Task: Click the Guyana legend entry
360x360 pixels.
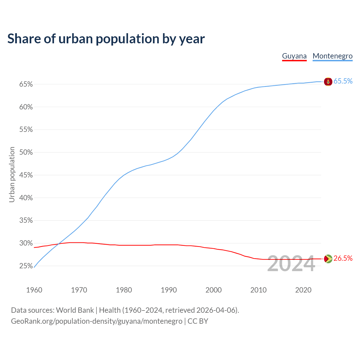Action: [x=294, y=56]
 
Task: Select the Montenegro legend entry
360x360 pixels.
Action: [x=332, y=56]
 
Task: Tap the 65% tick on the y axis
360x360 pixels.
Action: [x=26, y=84]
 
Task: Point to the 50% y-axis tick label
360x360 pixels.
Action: [x=26, y=152]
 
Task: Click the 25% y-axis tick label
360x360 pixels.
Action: [x=26, y=266]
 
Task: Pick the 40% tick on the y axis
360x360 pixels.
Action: [x=26, y=198]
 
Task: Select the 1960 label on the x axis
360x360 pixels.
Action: [x=34, y=290]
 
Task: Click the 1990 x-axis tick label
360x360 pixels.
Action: [x=169, y=290]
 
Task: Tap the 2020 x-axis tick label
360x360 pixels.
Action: [x=303, y=290]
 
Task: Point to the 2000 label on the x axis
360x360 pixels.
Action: [x=213, y=290]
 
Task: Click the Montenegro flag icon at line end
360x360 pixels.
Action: [x=328, y=82]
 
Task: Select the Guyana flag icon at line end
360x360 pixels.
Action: [x=328, y=259]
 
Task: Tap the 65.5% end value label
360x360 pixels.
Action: [x=343, y=81]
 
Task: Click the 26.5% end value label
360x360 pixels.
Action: [x=343, y=258]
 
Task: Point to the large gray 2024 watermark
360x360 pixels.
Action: [x=291, y=264]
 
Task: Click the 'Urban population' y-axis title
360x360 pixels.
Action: [x=12, y=174]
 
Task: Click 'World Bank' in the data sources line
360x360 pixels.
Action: [x=75, y=310]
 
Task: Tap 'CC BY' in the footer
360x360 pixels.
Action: [x=198, y=321]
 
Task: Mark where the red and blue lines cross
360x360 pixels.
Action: [x=58, y=244]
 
